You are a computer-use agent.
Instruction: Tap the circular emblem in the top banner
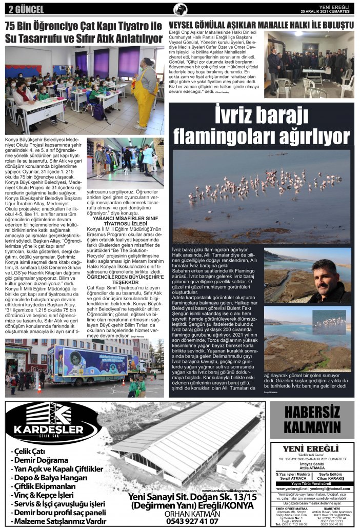(x=180, y=9)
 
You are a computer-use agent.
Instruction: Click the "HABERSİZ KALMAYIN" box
(x=312, y=419)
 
